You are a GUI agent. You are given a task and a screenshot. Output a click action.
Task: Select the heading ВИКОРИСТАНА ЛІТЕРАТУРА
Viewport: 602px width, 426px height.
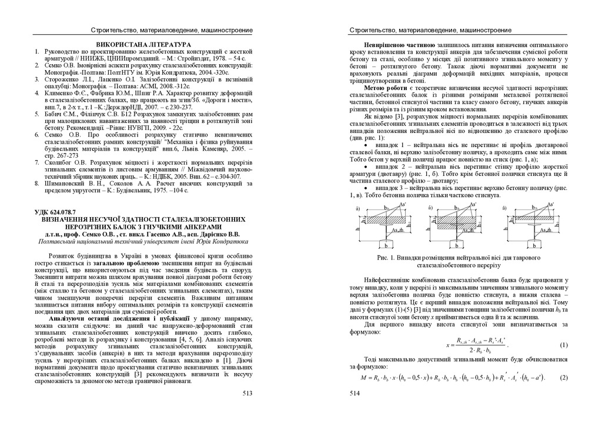click(143, 45)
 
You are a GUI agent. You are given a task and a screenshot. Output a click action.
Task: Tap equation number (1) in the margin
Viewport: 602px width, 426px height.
click(563, 345)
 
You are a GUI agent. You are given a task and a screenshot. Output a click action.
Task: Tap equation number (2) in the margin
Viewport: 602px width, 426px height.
click(563, 377)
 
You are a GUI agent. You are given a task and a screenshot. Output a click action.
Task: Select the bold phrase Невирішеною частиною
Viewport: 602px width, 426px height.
click(399, 45)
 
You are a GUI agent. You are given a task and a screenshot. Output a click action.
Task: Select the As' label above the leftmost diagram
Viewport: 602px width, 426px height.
click(402, 204)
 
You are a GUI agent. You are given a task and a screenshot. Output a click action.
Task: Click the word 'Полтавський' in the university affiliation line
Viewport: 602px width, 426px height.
click(58, 241)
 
